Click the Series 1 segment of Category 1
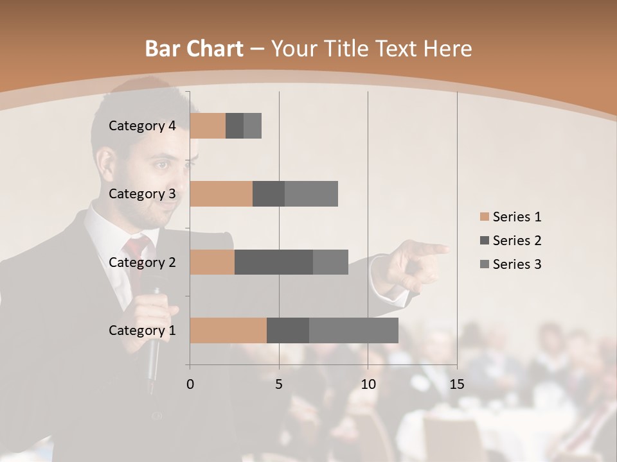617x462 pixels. coord(228,330)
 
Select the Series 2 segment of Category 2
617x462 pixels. coord(274,262)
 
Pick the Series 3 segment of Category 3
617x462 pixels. coord(311,194)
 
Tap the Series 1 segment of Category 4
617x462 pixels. coord(208,126)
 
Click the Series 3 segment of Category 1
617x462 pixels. coord(353,330)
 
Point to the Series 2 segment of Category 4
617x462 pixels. coord(235,126)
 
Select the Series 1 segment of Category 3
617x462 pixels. coord(221,194)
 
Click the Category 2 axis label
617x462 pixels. coord(142,262)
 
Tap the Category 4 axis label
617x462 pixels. coord(142,126)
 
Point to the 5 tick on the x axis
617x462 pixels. coord(279,384)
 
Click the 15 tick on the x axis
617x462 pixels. coord(457,384)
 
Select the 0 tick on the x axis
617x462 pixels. coord(190,384)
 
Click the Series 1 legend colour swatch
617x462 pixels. coord(484,217)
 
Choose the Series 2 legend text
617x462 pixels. coord(517,241)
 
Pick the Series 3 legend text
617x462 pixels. coord(517,264)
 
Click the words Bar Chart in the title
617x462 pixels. coord(194,49)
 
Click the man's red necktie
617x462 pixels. coord(136,257)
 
